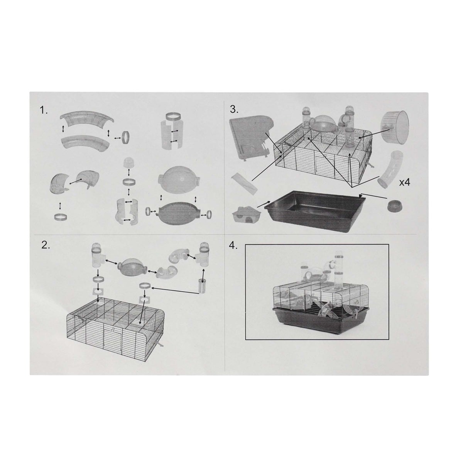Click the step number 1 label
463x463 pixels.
tap(44, 110)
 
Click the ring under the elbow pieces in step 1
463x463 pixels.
tap(60, 218)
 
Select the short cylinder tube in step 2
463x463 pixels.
tap(202, 286)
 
